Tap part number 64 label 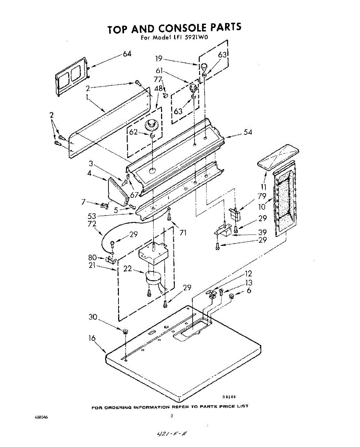click(127, 54)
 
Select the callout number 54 click(248, 132)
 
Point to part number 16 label click(92, 338)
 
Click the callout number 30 click(93, 317)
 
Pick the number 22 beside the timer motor click(127, 268)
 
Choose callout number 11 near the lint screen click(263, 187)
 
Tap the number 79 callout click(262, 196)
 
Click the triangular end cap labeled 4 click(116, 190)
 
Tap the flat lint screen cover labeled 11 click(278, 156)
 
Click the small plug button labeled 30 click(125, 331)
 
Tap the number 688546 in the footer click(41, 417)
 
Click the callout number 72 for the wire click(92, 224)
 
